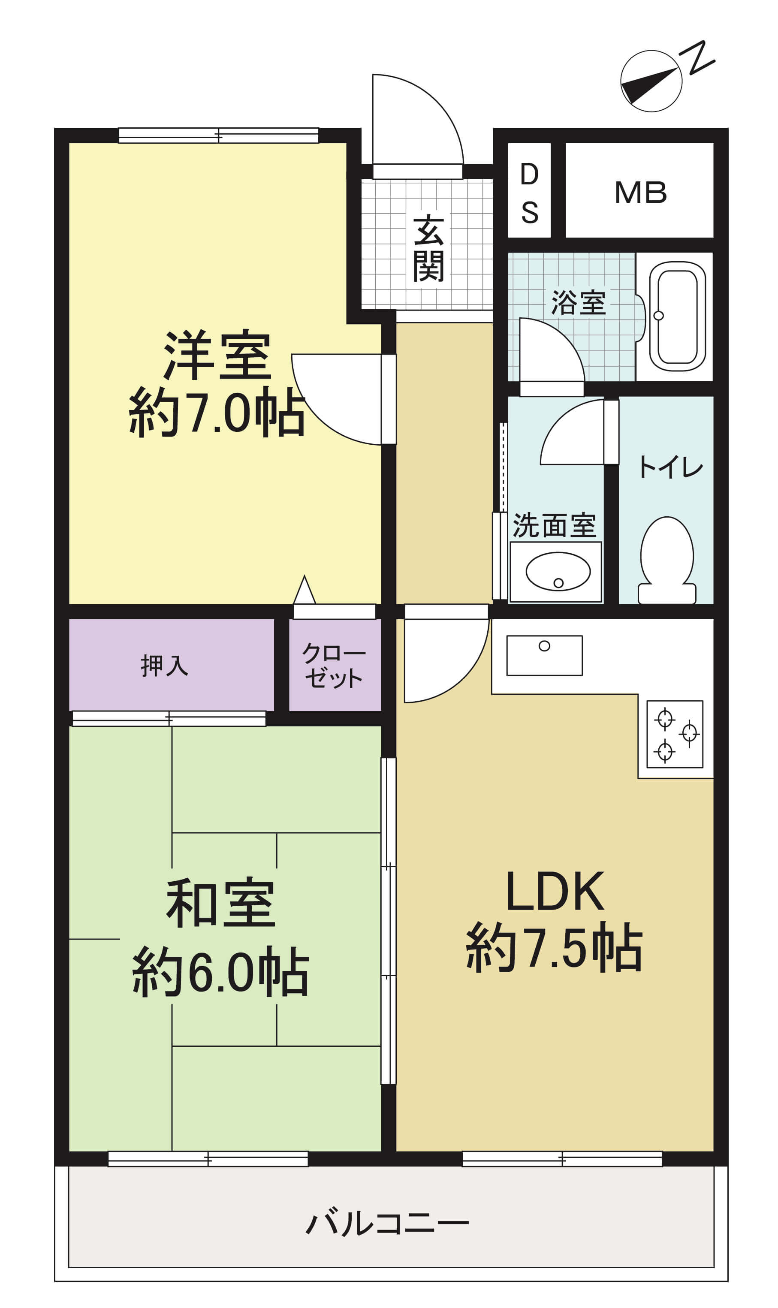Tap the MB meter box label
pyautogui.click(x=641, y=193)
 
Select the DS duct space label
pyautogui.click(x=530, y=193)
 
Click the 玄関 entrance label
pyautogui.click(x=428, y=248)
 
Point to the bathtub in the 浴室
pyautogui.click(x=677, y=316)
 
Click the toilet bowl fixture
pyautogui.click(x=667, y=560)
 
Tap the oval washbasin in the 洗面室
pyautogui.click(x=558, y=571)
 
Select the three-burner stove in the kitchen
pyautogui.click(x=675, y=734)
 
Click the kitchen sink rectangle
pyautogui.click(x=544, y=655)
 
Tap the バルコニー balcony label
pyautogui.click(x=387, y=1224)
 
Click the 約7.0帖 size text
pyautogui.click(x=217, y=413)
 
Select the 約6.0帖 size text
pyautogui.click(x=221, y=971)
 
